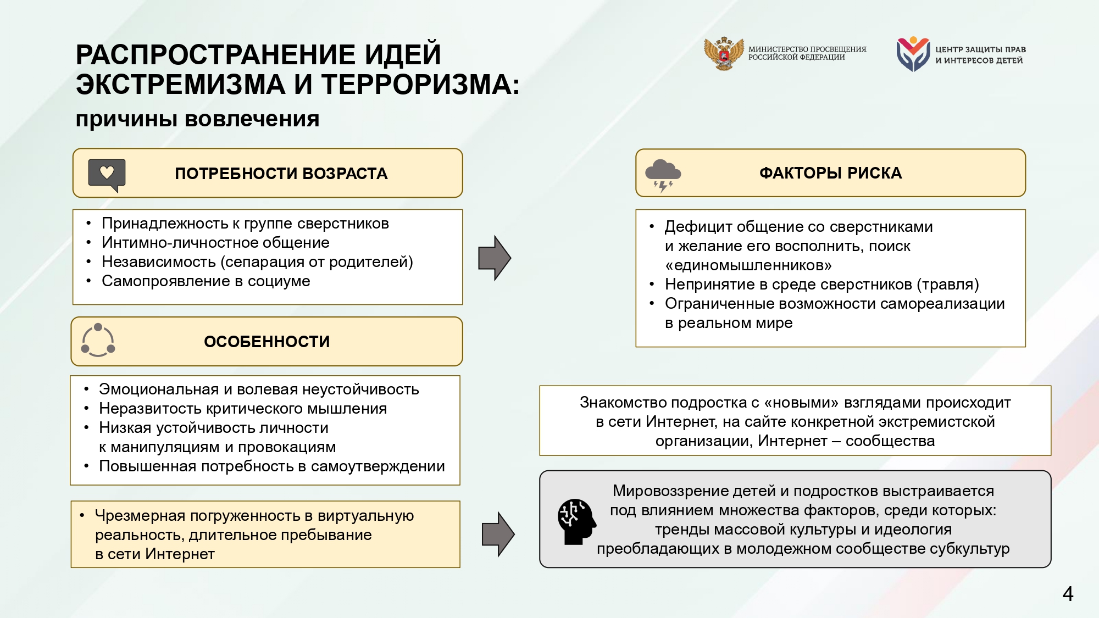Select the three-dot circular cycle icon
(x=98, y=340)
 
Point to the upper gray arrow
(x=495, y=258)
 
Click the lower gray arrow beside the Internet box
(x=498, y=534)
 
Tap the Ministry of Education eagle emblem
(x=724, y=53)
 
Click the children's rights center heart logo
(x=913, y=54)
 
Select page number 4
(x=1068, y=594)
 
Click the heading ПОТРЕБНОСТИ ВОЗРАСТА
(x=281, y=174)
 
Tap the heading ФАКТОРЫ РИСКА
(x=830, y=173)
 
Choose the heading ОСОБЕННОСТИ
(x=267, y=342)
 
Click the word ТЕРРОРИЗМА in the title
(x=420, y=85)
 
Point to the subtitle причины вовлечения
(x=197, y=119)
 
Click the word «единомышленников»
(x=748, y=265)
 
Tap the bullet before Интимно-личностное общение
(x=88, y=243)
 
